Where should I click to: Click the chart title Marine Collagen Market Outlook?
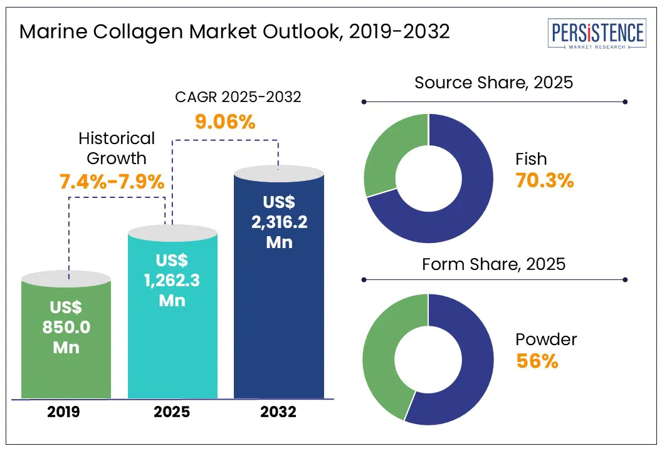234,32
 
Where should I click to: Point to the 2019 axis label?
65,413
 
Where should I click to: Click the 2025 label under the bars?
172,413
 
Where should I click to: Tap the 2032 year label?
278,413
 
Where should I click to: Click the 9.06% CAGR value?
225,122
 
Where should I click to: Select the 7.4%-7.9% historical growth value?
112,182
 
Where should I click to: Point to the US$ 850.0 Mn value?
66,326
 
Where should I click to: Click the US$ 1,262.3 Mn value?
172,280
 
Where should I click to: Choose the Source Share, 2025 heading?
494,82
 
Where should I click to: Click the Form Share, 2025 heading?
494,264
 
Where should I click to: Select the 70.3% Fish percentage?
545,181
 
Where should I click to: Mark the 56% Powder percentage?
537,361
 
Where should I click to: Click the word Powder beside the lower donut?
546,340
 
